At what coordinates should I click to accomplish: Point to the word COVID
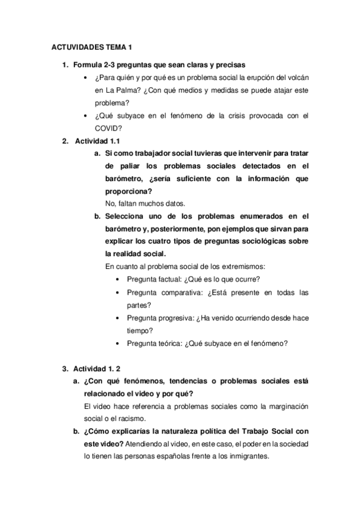[x=108, y=127]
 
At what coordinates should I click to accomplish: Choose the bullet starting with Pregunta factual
[x=197, y=279]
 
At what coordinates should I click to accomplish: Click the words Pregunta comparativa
[x=163, y=292]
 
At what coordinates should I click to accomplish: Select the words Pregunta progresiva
[x=160, y=318]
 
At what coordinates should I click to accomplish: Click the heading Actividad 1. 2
[x=98, y=367]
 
